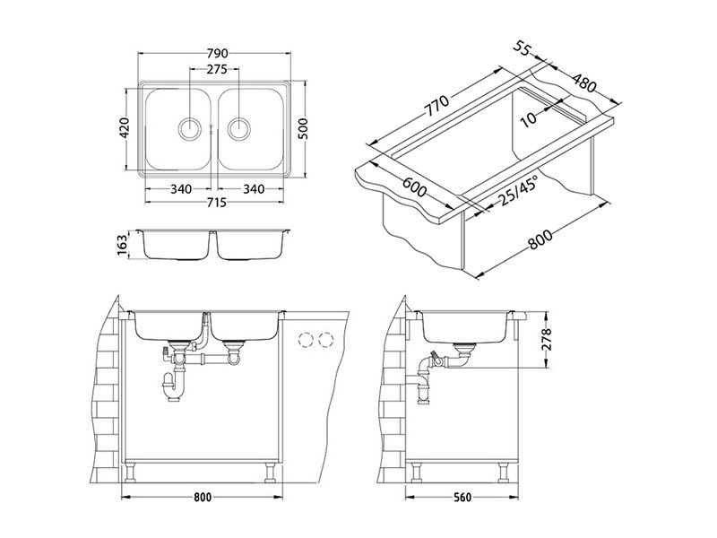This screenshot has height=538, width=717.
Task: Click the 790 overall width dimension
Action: pyautogui.click(x=217, y=54)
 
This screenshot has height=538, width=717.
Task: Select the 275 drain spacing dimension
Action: pyautogui.click(x=217, y=70)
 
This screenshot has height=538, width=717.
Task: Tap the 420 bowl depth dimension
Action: pyautogui.click(x=124, y=127)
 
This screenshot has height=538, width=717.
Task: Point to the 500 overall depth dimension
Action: pyautogui.click(x=305, y=128)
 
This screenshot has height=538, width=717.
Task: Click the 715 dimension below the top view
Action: pyautogui.click(x=217, y=202)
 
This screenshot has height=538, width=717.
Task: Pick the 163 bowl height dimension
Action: pyautogui.click(x=124, y=245)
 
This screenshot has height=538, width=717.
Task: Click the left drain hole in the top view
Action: pyautogui.click(x=189, y=128)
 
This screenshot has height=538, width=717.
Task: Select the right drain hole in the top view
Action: pyautogui.click(x=238, y=128)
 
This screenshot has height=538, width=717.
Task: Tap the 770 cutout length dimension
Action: pyautogui.click(x=437, y=105)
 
